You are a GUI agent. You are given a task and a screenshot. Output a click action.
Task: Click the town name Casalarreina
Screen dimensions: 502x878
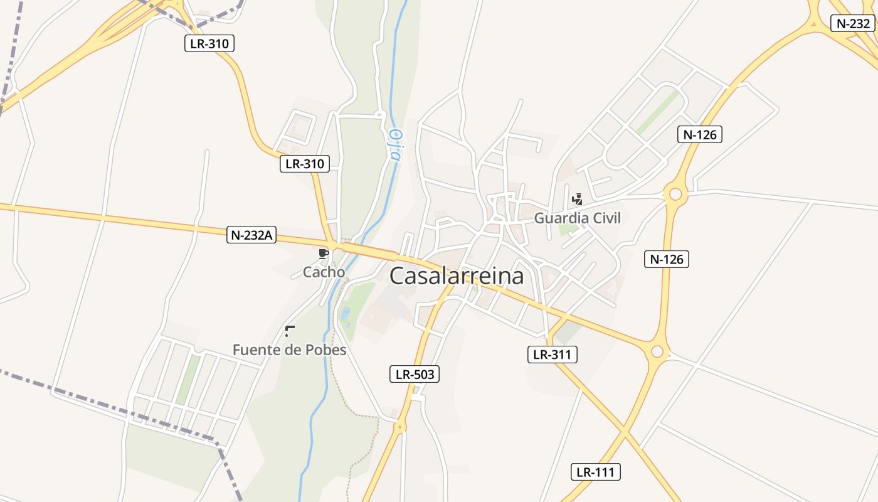[457, 276]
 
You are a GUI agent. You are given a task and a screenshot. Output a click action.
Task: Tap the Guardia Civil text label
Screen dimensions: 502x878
[577, 218]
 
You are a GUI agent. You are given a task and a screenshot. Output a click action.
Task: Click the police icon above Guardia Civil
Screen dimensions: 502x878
[578, 200]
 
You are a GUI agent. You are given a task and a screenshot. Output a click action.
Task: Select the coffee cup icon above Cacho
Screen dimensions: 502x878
[324, 254]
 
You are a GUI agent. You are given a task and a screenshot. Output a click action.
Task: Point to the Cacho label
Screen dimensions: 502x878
[324, 272]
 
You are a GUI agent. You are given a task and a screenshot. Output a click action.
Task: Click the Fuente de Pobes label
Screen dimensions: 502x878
[289, 350]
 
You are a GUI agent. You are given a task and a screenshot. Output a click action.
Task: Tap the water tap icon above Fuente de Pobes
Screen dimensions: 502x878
[290, 331]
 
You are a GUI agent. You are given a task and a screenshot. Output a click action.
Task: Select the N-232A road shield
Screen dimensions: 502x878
[251, 235]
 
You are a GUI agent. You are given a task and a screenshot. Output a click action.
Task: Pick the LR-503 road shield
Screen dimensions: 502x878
[414, 375]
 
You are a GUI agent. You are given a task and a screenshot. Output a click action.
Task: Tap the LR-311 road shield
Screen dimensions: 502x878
[552, 355]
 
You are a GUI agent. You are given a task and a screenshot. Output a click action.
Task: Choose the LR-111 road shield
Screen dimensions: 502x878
[596, 472]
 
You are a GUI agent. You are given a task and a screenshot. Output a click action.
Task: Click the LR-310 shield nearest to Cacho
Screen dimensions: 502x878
[305, 164]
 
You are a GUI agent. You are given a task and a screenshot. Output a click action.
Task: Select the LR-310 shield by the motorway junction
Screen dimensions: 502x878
[209, 44]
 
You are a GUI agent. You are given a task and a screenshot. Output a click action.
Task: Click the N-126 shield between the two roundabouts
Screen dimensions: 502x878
[666, 259]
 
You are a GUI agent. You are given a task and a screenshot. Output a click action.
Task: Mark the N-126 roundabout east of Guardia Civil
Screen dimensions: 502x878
[675, 195]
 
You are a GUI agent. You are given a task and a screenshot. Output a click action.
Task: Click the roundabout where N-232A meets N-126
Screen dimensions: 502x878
[657, 351]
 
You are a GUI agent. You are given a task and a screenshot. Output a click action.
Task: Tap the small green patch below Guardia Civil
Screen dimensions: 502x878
[568, 228]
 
